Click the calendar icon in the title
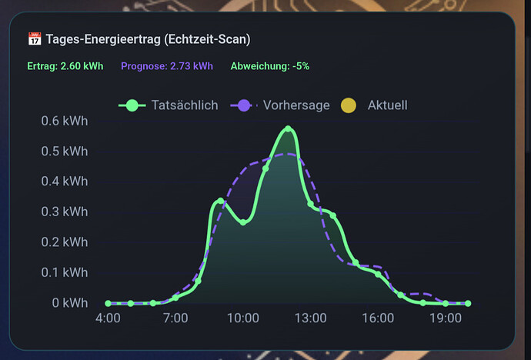[35, 39]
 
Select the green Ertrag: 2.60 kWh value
[65, 66]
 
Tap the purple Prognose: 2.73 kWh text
[167, 66]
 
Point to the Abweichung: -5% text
[270, 66]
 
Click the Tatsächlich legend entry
[168, 105]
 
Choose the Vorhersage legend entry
[279, 105]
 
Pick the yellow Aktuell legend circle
[349, 105]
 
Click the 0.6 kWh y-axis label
[65, 121]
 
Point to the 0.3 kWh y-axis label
[65, 212]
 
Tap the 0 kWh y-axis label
[70, 303]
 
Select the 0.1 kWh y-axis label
[65, 272]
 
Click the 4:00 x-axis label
[108, 318]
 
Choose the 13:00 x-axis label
[311, 318]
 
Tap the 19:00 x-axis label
[446, 318]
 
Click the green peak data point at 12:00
[288, 129]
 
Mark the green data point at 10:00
[243, 222]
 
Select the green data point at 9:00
[220, 201]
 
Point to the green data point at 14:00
[333, 215]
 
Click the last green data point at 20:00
[468, 304]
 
